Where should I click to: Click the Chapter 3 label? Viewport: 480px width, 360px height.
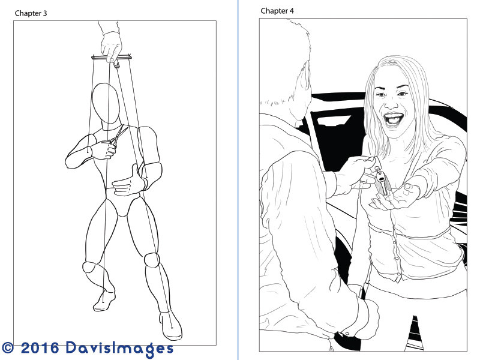pos(31,13)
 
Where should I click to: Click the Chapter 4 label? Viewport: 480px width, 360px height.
pos(277,11)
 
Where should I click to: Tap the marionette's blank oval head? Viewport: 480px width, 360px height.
pos(106,103)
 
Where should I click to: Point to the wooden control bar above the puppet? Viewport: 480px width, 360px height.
pos(112,57)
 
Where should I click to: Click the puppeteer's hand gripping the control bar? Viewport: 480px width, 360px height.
pos(111,47)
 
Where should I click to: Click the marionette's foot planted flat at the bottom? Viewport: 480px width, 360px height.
pos(170,326)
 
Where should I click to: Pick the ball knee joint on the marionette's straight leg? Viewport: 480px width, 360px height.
pos(152,260)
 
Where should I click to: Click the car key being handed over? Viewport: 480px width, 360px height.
pos(382,181)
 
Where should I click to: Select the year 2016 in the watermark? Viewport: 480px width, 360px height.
pos(40,347)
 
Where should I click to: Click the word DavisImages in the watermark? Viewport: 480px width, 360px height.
pos(119,349)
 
